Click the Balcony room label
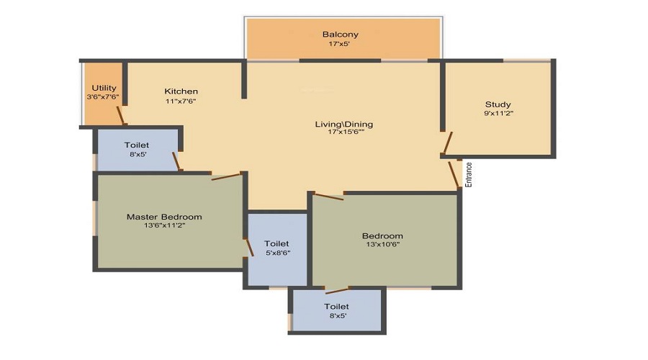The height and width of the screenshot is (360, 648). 340,35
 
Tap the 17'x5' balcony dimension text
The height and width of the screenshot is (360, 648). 339,43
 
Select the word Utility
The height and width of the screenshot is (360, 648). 104,88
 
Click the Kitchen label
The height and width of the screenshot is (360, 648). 181,91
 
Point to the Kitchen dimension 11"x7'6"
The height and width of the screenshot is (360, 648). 181,101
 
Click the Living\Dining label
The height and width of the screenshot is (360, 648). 344,124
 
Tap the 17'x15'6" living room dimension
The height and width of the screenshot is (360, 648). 346,132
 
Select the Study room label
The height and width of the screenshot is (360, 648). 498,104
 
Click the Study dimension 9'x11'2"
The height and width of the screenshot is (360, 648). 498,113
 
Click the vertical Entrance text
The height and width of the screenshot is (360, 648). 469,174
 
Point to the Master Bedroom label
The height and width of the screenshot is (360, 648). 164,217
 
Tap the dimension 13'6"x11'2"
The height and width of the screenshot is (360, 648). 164,225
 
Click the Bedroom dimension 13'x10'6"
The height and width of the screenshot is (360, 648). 383,244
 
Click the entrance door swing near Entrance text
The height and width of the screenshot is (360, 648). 454,174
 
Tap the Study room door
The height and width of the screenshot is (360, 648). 446,143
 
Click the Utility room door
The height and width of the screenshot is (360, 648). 120,115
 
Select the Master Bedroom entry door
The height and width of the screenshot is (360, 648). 226,177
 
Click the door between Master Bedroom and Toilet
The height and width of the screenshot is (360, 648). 249,247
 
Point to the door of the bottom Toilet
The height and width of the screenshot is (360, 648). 337,290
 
